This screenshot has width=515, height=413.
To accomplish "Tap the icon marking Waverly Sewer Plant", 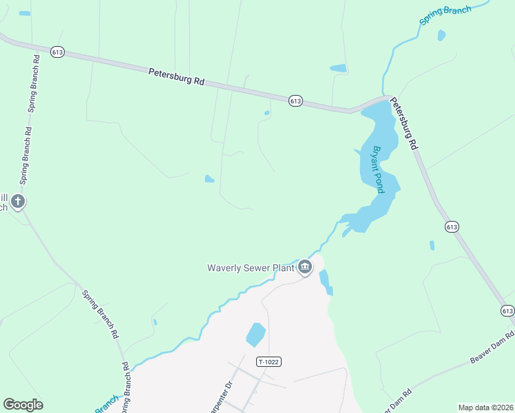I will [305, 267].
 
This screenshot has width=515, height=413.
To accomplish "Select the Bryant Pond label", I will [377, 169].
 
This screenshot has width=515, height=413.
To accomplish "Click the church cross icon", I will [18, 202].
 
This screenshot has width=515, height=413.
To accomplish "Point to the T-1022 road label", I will [269, 361].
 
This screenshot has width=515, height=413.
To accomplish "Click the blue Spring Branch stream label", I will [445, 16].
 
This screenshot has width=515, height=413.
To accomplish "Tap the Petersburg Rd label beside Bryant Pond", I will [405, 124].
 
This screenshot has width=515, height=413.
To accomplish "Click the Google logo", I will [23, 405].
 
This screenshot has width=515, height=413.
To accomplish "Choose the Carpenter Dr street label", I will [229, 394].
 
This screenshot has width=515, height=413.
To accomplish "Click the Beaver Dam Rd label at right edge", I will [492, 351].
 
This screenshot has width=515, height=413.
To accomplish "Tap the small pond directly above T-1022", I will [255, 335].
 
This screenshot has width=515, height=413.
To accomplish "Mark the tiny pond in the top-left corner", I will [25, 13].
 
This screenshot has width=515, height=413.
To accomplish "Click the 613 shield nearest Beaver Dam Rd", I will [507, 311].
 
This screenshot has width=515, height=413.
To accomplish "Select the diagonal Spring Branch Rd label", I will [101, 315].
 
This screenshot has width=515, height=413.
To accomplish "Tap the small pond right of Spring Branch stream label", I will [441, 34].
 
